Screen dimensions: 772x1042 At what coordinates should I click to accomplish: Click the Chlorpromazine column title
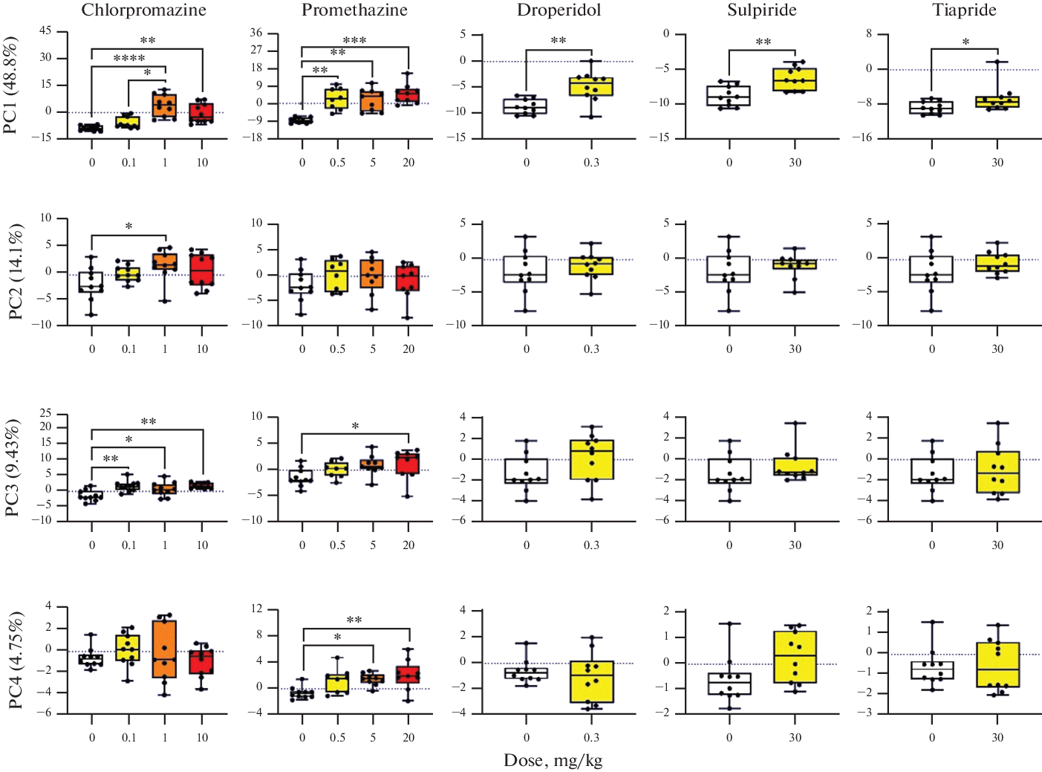point(143,10)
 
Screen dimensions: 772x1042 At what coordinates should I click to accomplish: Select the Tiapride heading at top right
point(964,10)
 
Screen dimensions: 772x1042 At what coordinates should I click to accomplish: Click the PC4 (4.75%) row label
point(16,660)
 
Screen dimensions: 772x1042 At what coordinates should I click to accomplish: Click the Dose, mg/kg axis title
point(553,760)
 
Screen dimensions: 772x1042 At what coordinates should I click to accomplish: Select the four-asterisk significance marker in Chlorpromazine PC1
point(128,59)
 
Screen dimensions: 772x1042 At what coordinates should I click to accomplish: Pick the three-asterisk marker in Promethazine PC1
point(354,41)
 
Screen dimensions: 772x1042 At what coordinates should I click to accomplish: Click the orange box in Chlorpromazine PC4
point(165,649)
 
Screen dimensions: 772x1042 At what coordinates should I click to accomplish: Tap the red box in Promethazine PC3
point(408,462)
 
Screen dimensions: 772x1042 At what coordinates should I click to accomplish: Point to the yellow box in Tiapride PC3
point(997,472)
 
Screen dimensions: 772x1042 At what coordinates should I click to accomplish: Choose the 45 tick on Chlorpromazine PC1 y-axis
point(46,31)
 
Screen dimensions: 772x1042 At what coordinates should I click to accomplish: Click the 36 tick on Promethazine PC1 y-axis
point(256,33)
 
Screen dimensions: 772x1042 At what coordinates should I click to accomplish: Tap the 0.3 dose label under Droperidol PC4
point(591,737)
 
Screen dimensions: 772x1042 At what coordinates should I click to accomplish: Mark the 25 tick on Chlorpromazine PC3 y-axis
point(46,413)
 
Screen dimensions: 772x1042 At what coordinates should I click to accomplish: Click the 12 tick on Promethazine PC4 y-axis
point(257,609)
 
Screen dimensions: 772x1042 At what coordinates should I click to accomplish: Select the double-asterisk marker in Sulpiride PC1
point(763,42)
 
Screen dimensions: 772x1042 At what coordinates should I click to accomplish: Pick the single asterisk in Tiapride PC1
point(966,42)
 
